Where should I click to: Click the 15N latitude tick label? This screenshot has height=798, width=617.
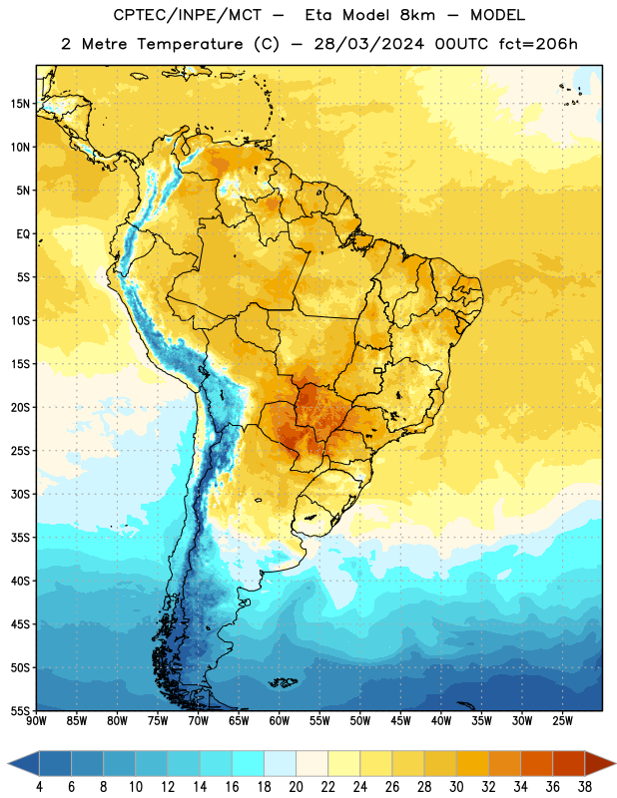(20, 104)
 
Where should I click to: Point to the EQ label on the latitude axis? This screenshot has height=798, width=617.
(23, 234)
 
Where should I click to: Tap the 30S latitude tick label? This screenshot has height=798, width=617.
(20, 494)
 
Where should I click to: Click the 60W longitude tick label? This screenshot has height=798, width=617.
(280, 720)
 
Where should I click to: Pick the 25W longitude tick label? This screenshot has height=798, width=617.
(562, 720)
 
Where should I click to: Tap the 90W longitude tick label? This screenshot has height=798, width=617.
(36, 720)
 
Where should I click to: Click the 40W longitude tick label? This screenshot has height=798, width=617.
(441, 720)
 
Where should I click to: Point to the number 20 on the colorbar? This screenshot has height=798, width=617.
(296, 787)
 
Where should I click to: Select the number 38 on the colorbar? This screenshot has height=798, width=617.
(585, 787)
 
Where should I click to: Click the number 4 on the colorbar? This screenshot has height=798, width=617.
(39, 787)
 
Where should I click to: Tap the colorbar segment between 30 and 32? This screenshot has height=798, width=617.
(472, 763)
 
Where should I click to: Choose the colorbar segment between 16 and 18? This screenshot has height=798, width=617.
(248, 763)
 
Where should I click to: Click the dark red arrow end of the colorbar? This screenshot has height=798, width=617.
(600, 763)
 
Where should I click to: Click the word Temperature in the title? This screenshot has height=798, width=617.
(190, 44)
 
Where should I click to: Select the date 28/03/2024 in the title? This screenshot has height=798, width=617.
(368, 44)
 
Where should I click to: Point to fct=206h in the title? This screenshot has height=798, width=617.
(538, 44)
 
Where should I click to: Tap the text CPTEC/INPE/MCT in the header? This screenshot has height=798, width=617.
(187, 15)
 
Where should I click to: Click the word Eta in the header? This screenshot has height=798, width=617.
(317, 15)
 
